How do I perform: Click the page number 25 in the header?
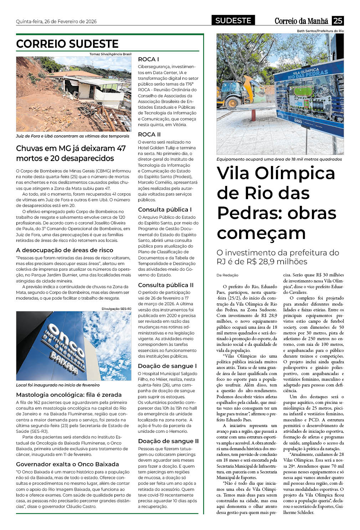338,21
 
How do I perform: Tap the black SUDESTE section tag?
233,21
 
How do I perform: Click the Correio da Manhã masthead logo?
301,21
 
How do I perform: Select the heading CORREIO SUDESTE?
67,44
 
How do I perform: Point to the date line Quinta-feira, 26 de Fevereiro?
56,21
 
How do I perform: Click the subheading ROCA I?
148,59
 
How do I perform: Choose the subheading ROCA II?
149,134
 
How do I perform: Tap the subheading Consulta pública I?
165,209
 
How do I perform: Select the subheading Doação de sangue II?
168,441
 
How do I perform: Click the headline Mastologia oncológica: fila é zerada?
69,395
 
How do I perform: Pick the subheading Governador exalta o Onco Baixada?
67,464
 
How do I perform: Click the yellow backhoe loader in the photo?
238,92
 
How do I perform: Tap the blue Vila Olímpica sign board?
309,98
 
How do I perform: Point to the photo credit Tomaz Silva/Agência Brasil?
110,54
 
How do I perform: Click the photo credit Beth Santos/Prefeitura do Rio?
320,31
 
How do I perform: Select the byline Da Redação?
227,275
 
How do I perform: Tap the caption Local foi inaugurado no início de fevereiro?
58,385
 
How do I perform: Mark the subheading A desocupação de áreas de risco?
65,250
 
